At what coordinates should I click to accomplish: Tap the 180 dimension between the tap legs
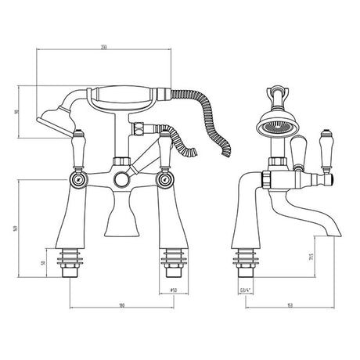121,306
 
